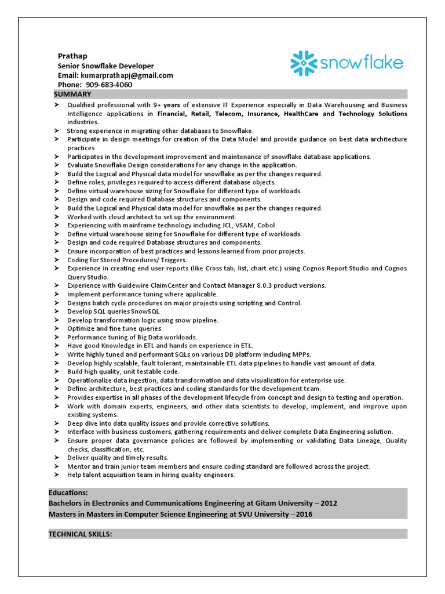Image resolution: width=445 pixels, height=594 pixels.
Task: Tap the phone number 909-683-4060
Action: coord(113,85)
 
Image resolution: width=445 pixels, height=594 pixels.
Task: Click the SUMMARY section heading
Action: coord(72,94)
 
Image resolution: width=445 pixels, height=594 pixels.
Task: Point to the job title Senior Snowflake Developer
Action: coord(106,66)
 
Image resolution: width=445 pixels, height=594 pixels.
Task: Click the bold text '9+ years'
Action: coord(166,105)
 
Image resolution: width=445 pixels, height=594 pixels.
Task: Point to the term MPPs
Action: coord(301,354)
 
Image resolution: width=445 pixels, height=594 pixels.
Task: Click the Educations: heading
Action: coord(68,492)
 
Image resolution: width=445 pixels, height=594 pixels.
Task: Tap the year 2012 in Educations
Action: coord(328,503)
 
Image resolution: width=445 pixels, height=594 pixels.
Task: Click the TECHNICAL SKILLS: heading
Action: coord(80,533)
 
